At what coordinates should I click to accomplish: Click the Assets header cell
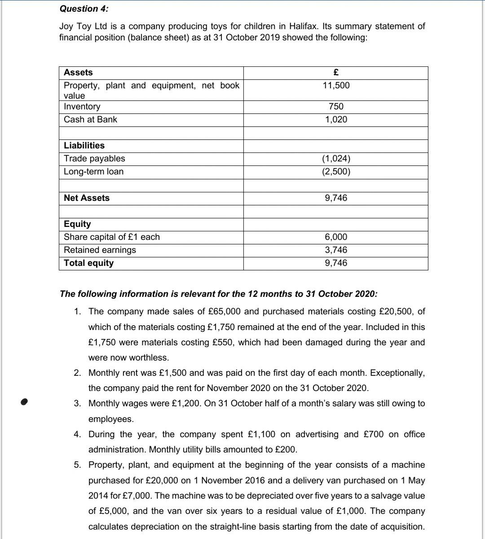[78, 72]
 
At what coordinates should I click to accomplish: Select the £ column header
[335, 72]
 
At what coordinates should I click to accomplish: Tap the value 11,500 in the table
[336, 85]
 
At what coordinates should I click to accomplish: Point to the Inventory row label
[82, 106]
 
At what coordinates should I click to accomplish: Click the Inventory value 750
[336, 106]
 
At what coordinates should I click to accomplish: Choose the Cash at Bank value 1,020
[336, 119]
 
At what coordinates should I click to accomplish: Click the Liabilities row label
[84, 145]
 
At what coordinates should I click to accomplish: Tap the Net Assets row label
[87, 198]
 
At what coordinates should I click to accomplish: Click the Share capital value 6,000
[336, 237]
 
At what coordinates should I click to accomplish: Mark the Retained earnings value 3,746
[336, 250]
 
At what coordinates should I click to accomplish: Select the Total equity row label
[89, 263]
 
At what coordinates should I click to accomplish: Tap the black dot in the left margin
[25, 402]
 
